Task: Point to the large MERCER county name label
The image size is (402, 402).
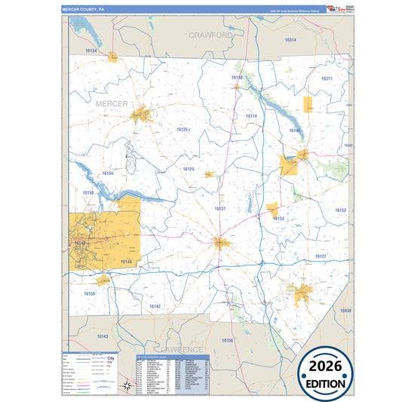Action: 112,103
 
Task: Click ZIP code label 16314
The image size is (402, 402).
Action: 290,40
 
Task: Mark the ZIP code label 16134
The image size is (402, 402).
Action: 91,51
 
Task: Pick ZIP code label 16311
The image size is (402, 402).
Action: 326,78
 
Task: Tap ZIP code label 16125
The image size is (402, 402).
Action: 183,130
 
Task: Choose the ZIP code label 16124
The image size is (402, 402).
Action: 189,170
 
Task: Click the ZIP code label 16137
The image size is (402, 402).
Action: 219,208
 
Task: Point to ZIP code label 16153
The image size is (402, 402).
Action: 341,210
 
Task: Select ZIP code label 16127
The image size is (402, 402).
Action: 321,257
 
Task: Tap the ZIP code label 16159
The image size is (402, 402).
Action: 90,293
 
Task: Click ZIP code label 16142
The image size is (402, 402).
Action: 155,306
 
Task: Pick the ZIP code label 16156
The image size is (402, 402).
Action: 227,341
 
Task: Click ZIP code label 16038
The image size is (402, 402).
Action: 345,310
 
